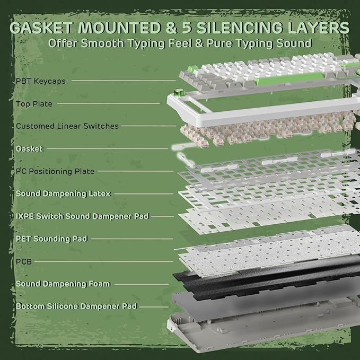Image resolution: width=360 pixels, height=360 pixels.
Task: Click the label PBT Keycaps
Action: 41,81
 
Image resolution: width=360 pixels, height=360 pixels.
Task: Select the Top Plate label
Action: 34,104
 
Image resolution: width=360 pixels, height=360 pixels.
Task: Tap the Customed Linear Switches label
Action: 67,126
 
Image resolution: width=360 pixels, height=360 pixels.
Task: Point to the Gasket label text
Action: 29,149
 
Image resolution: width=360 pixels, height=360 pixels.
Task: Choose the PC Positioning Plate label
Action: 55,171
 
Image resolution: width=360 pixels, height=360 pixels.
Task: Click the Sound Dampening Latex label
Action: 63,194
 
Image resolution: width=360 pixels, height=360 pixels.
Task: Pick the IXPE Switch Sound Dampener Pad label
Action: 82,216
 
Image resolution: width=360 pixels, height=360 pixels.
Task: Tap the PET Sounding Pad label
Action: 51,239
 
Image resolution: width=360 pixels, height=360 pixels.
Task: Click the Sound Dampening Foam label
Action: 63,284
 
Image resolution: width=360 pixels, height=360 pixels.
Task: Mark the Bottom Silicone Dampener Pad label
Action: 76,306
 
